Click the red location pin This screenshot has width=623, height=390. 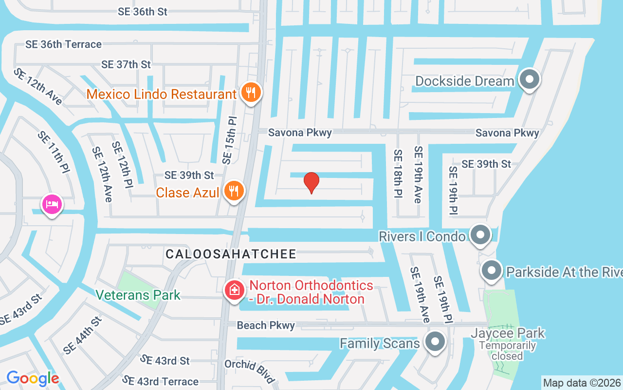(x=311, y=182)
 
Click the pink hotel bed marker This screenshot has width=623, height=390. (x=52, y=204)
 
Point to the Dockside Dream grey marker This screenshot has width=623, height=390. (x=530, y=79)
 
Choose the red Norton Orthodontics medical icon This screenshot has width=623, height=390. (x=234, y=290)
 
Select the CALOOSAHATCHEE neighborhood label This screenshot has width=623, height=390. (x=231, y=254)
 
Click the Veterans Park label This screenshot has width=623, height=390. (x=138, y=295)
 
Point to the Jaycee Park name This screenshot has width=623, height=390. (x=508, y=333)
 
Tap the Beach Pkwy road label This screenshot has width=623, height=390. (x=266, y=325)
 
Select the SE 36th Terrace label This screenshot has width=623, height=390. (x=64, y=44)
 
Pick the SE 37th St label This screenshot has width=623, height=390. (x=126, y=64)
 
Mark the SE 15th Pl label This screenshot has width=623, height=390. (x=229, y=140)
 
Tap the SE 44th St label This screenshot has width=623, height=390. (x=82, y=335)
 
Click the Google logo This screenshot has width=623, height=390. (x=33, y=378)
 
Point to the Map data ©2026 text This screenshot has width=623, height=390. (x=582, y=383)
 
